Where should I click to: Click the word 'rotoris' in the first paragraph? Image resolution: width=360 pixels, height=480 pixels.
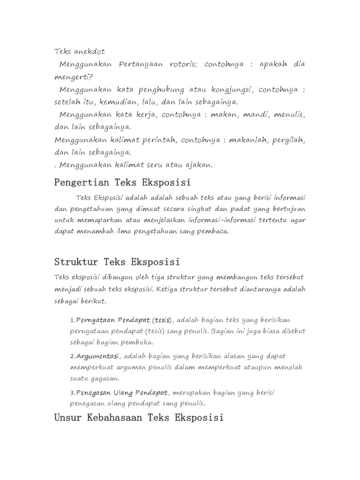[x=183, y=64]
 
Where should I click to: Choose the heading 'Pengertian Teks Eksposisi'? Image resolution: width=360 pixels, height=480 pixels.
[x=123, y=181]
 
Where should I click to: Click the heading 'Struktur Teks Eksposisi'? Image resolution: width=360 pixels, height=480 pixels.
[x=117, y=261]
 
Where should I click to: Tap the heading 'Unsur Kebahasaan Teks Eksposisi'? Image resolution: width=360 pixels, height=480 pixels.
[x=139, y=417]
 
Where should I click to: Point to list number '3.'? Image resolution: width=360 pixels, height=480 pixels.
[x=73, y=392]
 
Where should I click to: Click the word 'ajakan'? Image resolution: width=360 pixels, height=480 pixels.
[x=200, y=165]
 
